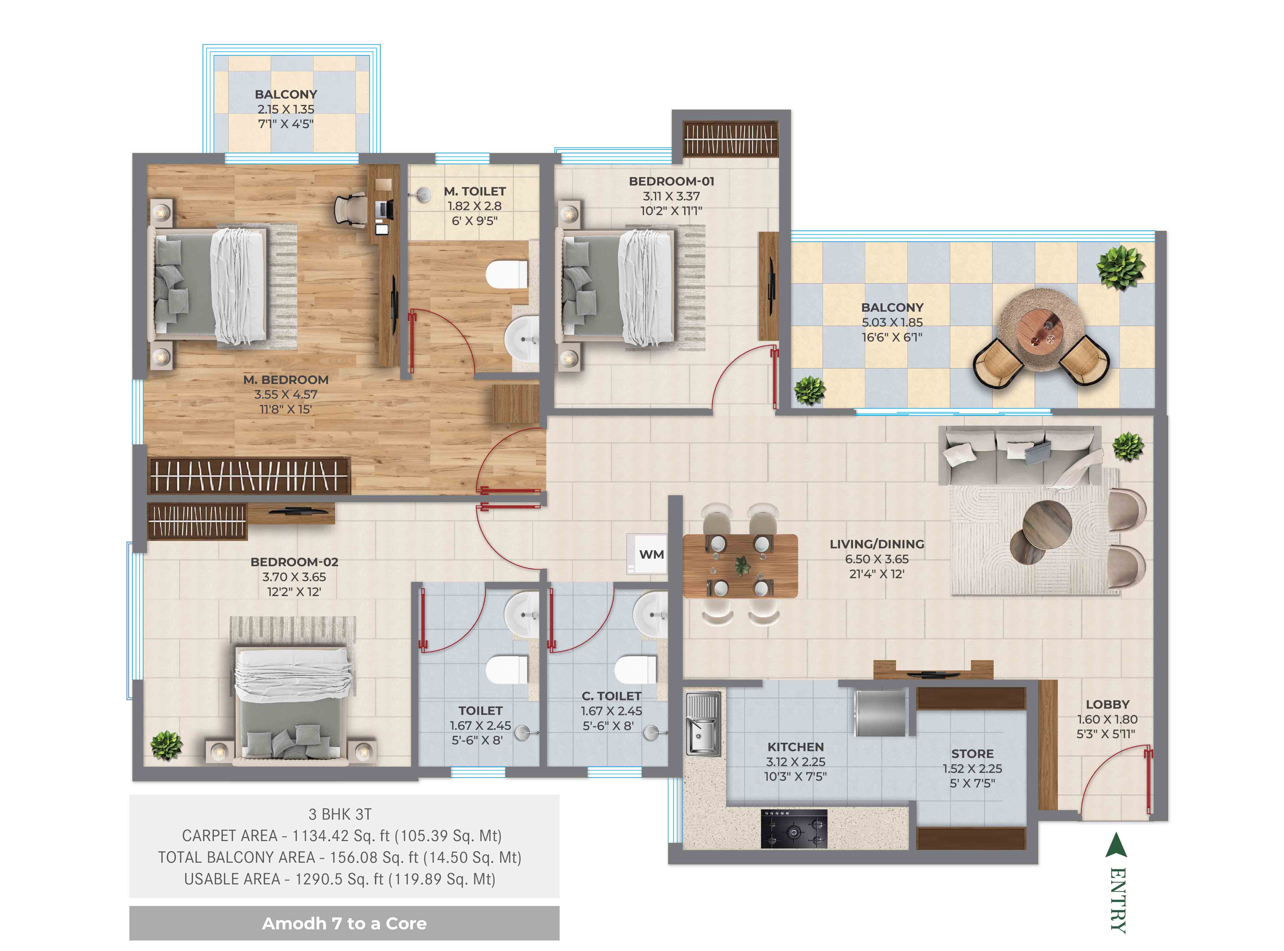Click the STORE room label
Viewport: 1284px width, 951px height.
(x=972, y=754)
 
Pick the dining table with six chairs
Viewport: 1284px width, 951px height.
(x=740, y=565)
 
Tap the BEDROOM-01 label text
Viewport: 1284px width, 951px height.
(x=671, y=181)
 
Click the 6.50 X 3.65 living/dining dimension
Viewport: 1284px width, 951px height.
(x=877, y=559)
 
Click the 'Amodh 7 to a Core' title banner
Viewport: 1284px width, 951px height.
(x=344, y=923)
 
